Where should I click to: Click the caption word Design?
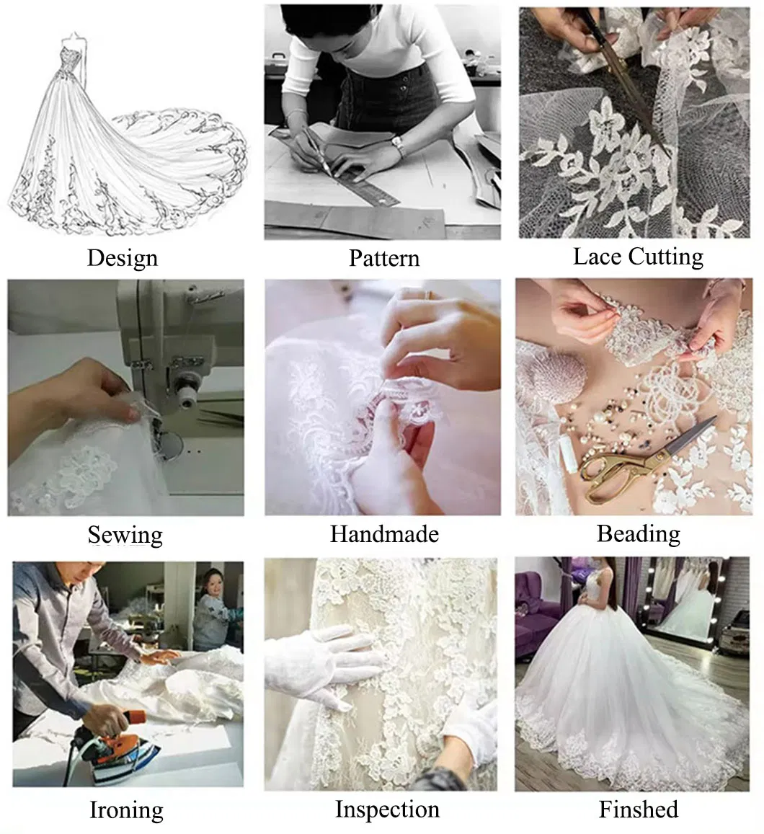(123, 259)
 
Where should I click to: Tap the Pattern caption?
(384, 258)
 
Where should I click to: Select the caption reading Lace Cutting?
(638, 257)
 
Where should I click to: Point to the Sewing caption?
(125, 535)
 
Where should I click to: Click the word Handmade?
(384, 533)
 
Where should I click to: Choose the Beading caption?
(639, 534)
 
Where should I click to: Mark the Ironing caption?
(126, 811)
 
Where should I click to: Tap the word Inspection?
(387, 809)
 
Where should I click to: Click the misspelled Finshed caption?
(639, 809)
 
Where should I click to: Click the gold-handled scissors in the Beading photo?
(646, 461)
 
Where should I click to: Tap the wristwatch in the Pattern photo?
(397, 144)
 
